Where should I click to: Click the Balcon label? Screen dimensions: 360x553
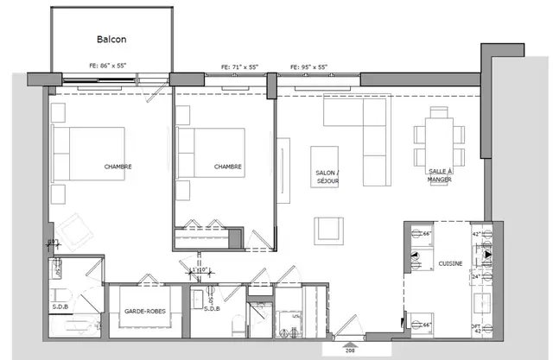[111, 40]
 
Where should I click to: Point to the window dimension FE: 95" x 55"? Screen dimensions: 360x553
[308, 66]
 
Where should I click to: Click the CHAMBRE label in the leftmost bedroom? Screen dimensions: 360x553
[118, 167]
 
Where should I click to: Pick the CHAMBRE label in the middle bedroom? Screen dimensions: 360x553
[227, 167]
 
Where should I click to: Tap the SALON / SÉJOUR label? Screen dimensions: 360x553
[327, 177]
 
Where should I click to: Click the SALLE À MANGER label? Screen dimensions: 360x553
[439, 175]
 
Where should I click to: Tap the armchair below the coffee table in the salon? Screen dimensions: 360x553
[328, 230]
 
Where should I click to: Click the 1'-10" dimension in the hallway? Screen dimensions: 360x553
[200, 270]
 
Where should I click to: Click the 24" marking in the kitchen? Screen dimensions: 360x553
[474, 277]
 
